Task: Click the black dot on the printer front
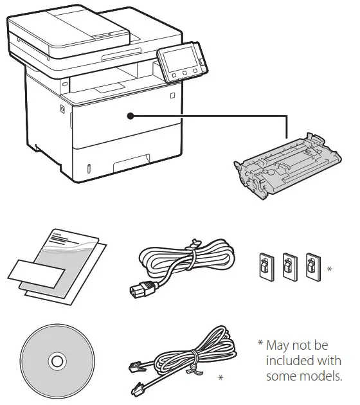130,116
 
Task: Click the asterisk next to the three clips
329,269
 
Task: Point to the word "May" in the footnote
279,346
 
